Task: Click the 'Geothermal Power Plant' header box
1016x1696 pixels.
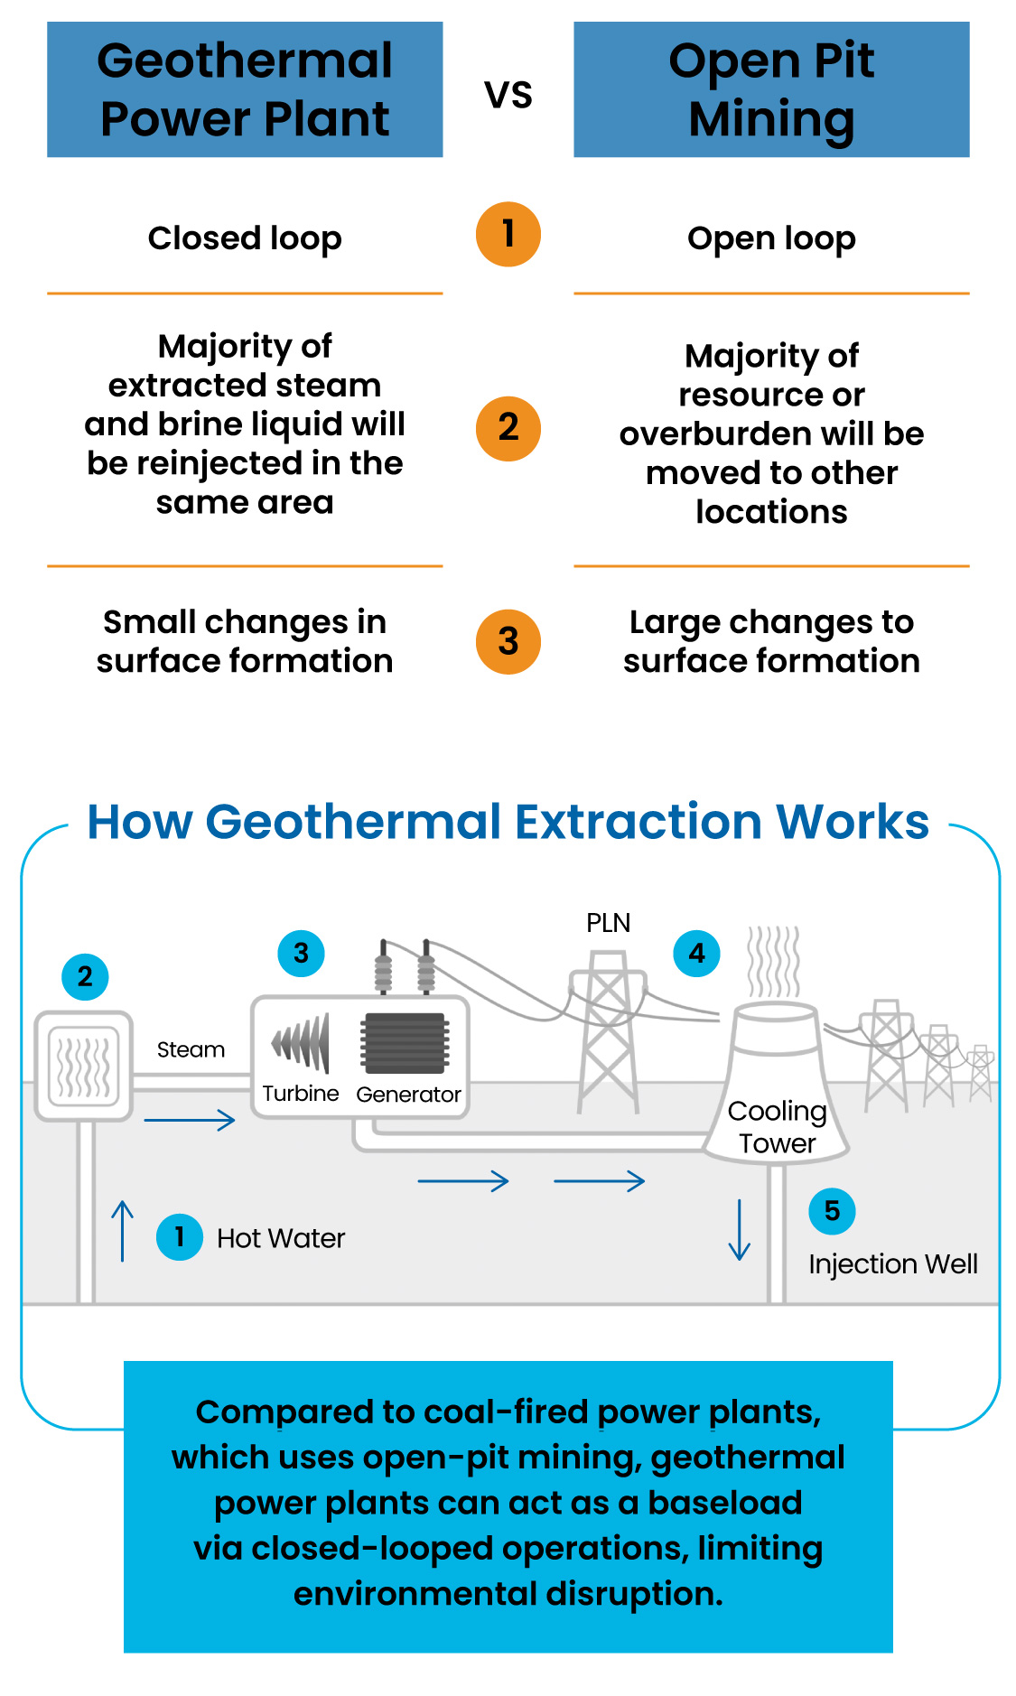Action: pyautogui.click(x=245, y=89)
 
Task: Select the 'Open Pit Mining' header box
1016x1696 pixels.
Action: pyautogui.click(x=771, y=89)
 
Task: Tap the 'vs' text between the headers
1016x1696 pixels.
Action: pyautogui.click(x=508, y=95)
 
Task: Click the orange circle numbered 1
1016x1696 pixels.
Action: pyautogui.click(x=508, y=234)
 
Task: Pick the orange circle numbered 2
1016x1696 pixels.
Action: pyautogui.click(x=508, y=428)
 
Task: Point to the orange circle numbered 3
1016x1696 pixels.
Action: pyautogui.click(x=508, y=641)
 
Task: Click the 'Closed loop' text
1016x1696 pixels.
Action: pyautogui.click(x=245, y=238)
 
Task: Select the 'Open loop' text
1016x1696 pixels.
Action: pyautogui.click(x=771, y=239)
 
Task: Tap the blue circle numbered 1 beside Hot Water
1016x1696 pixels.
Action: pyautogui.click(x=180, y=1236)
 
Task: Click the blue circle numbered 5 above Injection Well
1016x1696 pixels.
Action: pyautogui.click(x=832, y=1211)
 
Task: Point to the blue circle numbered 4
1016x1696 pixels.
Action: pyautogui.click(x=697, y=954)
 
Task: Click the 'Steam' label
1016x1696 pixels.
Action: pyautogui.click(x=191, y=1049)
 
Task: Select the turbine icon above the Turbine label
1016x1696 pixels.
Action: pyautogui.click(x=301, y=1043)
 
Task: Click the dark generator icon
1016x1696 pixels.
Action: pyautogui.click(x=405, y=1044)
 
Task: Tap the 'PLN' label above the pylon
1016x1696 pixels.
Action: pyautogui.click(x=608, y=923)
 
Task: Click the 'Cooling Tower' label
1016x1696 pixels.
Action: pyautogui.click(x=777, y=1127)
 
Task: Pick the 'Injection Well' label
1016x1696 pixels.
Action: pyautogui.click(x=893, y=1264)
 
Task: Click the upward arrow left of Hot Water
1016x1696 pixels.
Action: pyautogui.click(x=123, y=1230)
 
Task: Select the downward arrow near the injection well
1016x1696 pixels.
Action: pyautogui.click(x=740, y=1230)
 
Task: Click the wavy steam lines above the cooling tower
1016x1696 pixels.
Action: pyautogui.click(x=774, y=961)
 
